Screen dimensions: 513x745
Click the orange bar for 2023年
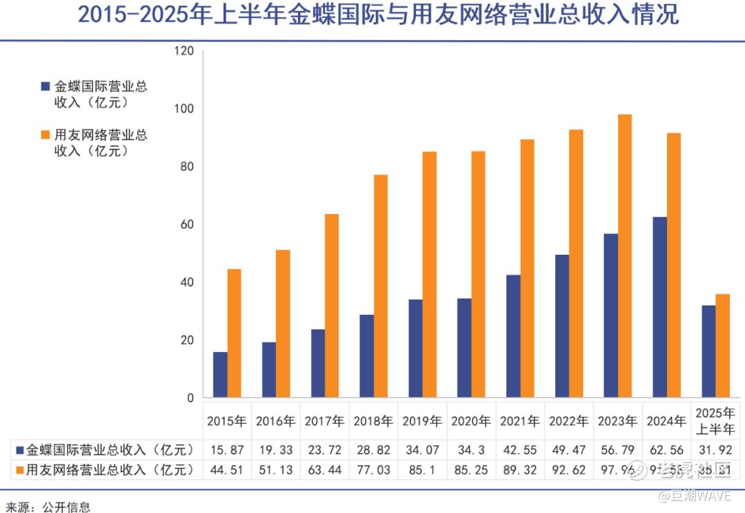point(625,256)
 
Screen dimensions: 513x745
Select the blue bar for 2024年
point(660,308)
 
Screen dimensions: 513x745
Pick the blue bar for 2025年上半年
point(708,352)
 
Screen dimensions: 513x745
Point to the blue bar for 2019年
point(415,349)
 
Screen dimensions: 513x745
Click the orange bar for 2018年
point(381,287)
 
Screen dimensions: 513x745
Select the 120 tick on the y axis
point(184,51)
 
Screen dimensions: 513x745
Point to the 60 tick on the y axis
point(187,225)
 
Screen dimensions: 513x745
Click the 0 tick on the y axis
point(190,398)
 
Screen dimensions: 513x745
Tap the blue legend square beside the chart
point(46,87)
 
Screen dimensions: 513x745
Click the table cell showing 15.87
point(228,450)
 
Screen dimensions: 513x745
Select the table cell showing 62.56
point(666,450)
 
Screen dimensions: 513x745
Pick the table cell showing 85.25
point(471,470)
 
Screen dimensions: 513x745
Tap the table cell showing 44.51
point(228,470)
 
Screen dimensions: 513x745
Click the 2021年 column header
point(520,420)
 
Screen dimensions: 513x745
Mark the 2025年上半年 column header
point(715,420)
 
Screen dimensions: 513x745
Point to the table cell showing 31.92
point(715,450)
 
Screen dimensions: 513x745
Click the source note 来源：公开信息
point(46,507)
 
